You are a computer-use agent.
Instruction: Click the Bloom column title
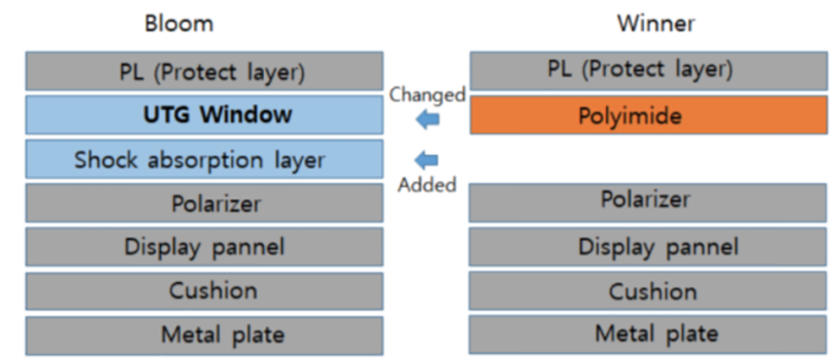point(179,24)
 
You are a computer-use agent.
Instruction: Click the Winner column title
point(655,23)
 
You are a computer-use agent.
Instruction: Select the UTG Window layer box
point(204,115)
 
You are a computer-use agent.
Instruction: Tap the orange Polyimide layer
point(648,115)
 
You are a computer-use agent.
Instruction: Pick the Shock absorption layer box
point(204,159)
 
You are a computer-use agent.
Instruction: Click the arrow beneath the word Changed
point(428,119)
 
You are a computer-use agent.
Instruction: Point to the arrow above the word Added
point(427,159)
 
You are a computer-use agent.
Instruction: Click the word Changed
point(427,95)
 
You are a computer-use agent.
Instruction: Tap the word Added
point(427,185)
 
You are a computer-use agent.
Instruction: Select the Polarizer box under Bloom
point(204,203)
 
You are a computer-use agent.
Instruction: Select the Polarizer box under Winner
point(647,202)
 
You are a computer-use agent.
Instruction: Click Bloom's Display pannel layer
point(204,247)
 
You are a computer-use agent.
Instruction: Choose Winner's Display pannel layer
point(647,247)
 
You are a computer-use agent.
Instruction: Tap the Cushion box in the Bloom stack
point(204,291)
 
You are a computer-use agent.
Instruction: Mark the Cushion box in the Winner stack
point(647,291)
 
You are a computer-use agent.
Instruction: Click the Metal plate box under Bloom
point(204,336)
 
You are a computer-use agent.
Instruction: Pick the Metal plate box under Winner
point(647,335)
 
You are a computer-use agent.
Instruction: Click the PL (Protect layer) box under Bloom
point(204,71)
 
